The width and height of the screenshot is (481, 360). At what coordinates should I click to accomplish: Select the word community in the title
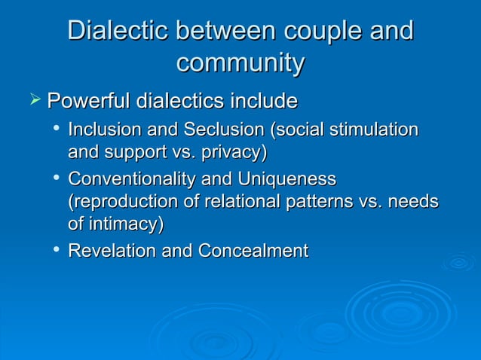pyautogui.click(x=240, y=63)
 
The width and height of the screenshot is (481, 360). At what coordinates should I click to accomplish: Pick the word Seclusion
pyautogui.click(x=222, y=130)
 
